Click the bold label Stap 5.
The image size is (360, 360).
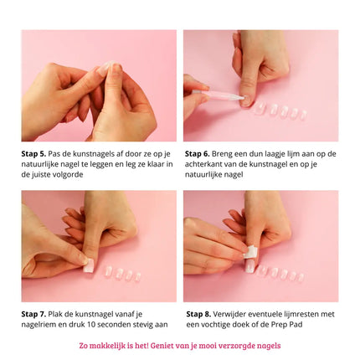pyautogui.click(x=33, y=154)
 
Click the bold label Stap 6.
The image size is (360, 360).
pyautogui.click(x=198, y=154)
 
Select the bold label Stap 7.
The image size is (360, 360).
pyautogui.click(x=33, y=314)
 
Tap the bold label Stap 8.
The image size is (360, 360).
pyautogui.click(x=198, y=314)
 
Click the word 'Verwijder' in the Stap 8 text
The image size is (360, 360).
pyautogui.click(x=234, y=314)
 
